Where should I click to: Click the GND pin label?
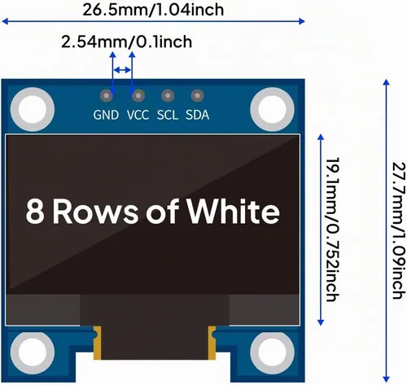click(106, 115)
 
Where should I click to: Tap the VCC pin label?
click(138, 115)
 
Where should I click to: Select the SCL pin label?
click(168, 115)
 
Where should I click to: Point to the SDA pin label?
click(197, 115)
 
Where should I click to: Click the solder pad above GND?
click(107, 95)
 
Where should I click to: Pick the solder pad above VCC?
click(138, 95)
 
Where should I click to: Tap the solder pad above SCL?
click(168, 95)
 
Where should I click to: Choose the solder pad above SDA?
click(197, 95)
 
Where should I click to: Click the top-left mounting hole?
click(33, 109)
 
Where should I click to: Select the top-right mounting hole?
click(272, 109)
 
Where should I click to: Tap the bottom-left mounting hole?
click(33, 352)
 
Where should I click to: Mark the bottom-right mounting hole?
click(272, 352)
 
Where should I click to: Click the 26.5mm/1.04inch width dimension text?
click(153, 10)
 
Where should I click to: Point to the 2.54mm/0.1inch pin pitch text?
click(126, 42)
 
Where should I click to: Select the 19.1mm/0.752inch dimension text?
click(332, 230)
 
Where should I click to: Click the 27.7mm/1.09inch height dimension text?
click(400, 230)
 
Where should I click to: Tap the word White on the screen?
click(234, 212)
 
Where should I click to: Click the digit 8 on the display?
click(35, 212)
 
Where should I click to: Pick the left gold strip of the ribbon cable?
click(97, 343)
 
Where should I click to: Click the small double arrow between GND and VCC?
click(122, 70)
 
